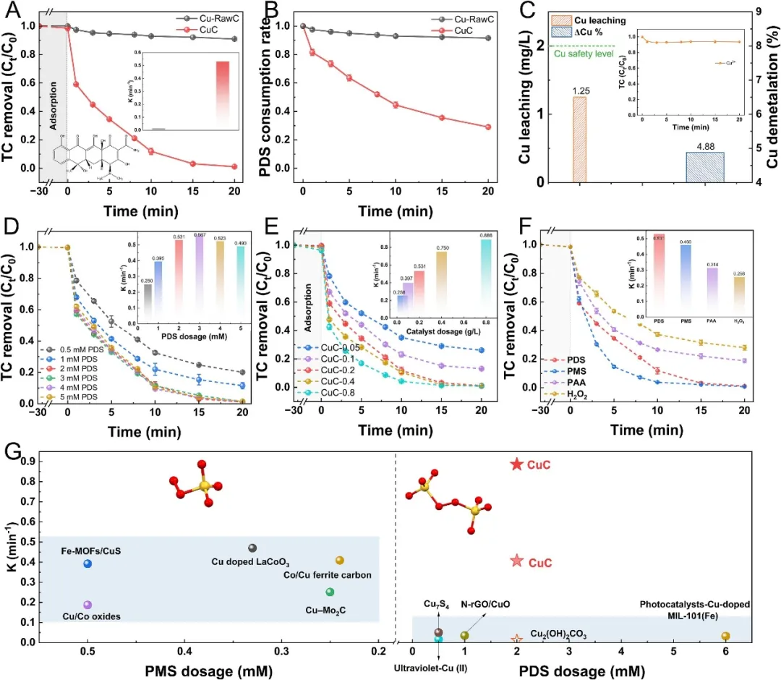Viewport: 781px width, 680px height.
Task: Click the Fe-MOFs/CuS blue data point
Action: (x=88, y=564)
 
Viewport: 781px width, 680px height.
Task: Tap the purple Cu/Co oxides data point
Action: (x=88, y=605)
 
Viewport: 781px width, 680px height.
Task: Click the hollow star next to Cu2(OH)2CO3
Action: (x=516, y=639)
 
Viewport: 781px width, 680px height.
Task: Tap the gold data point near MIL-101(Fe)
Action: (x=725, y=636)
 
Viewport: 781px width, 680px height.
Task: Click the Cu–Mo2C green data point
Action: (x=330, y=592)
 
